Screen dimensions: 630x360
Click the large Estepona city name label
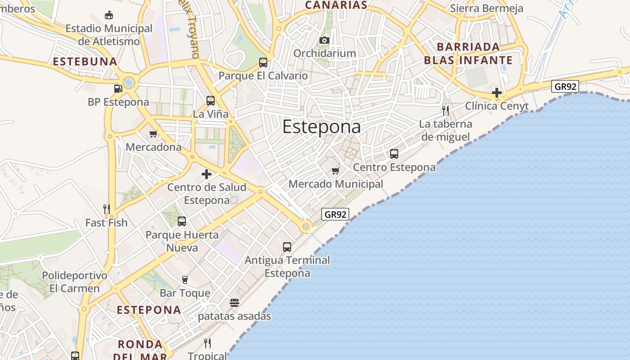321,127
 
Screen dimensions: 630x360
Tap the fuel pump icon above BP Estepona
118,89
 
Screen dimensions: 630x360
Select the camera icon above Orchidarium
324,40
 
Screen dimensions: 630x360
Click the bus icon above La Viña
211,101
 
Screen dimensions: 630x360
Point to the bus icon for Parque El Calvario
263,63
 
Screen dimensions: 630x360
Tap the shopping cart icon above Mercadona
153,134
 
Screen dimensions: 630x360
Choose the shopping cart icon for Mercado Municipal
335,171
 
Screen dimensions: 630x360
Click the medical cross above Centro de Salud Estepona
207,174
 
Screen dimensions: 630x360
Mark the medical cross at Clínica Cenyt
497,93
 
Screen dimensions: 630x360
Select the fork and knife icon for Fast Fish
107,209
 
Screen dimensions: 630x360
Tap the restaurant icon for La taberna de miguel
445,111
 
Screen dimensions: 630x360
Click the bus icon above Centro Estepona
394,154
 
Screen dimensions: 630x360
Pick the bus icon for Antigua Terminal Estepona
287,247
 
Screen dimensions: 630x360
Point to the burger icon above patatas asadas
234,303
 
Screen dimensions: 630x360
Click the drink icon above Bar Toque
184,280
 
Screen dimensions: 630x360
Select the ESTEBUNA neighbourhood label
85,62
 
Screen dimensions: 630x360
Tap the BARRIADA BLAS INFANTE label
468,54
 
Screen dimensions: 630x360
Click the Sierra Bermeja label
486,9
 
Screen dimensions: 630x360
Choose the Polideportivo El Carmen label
75,282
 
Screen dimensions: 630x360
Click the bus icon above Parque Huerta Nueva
182,221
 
